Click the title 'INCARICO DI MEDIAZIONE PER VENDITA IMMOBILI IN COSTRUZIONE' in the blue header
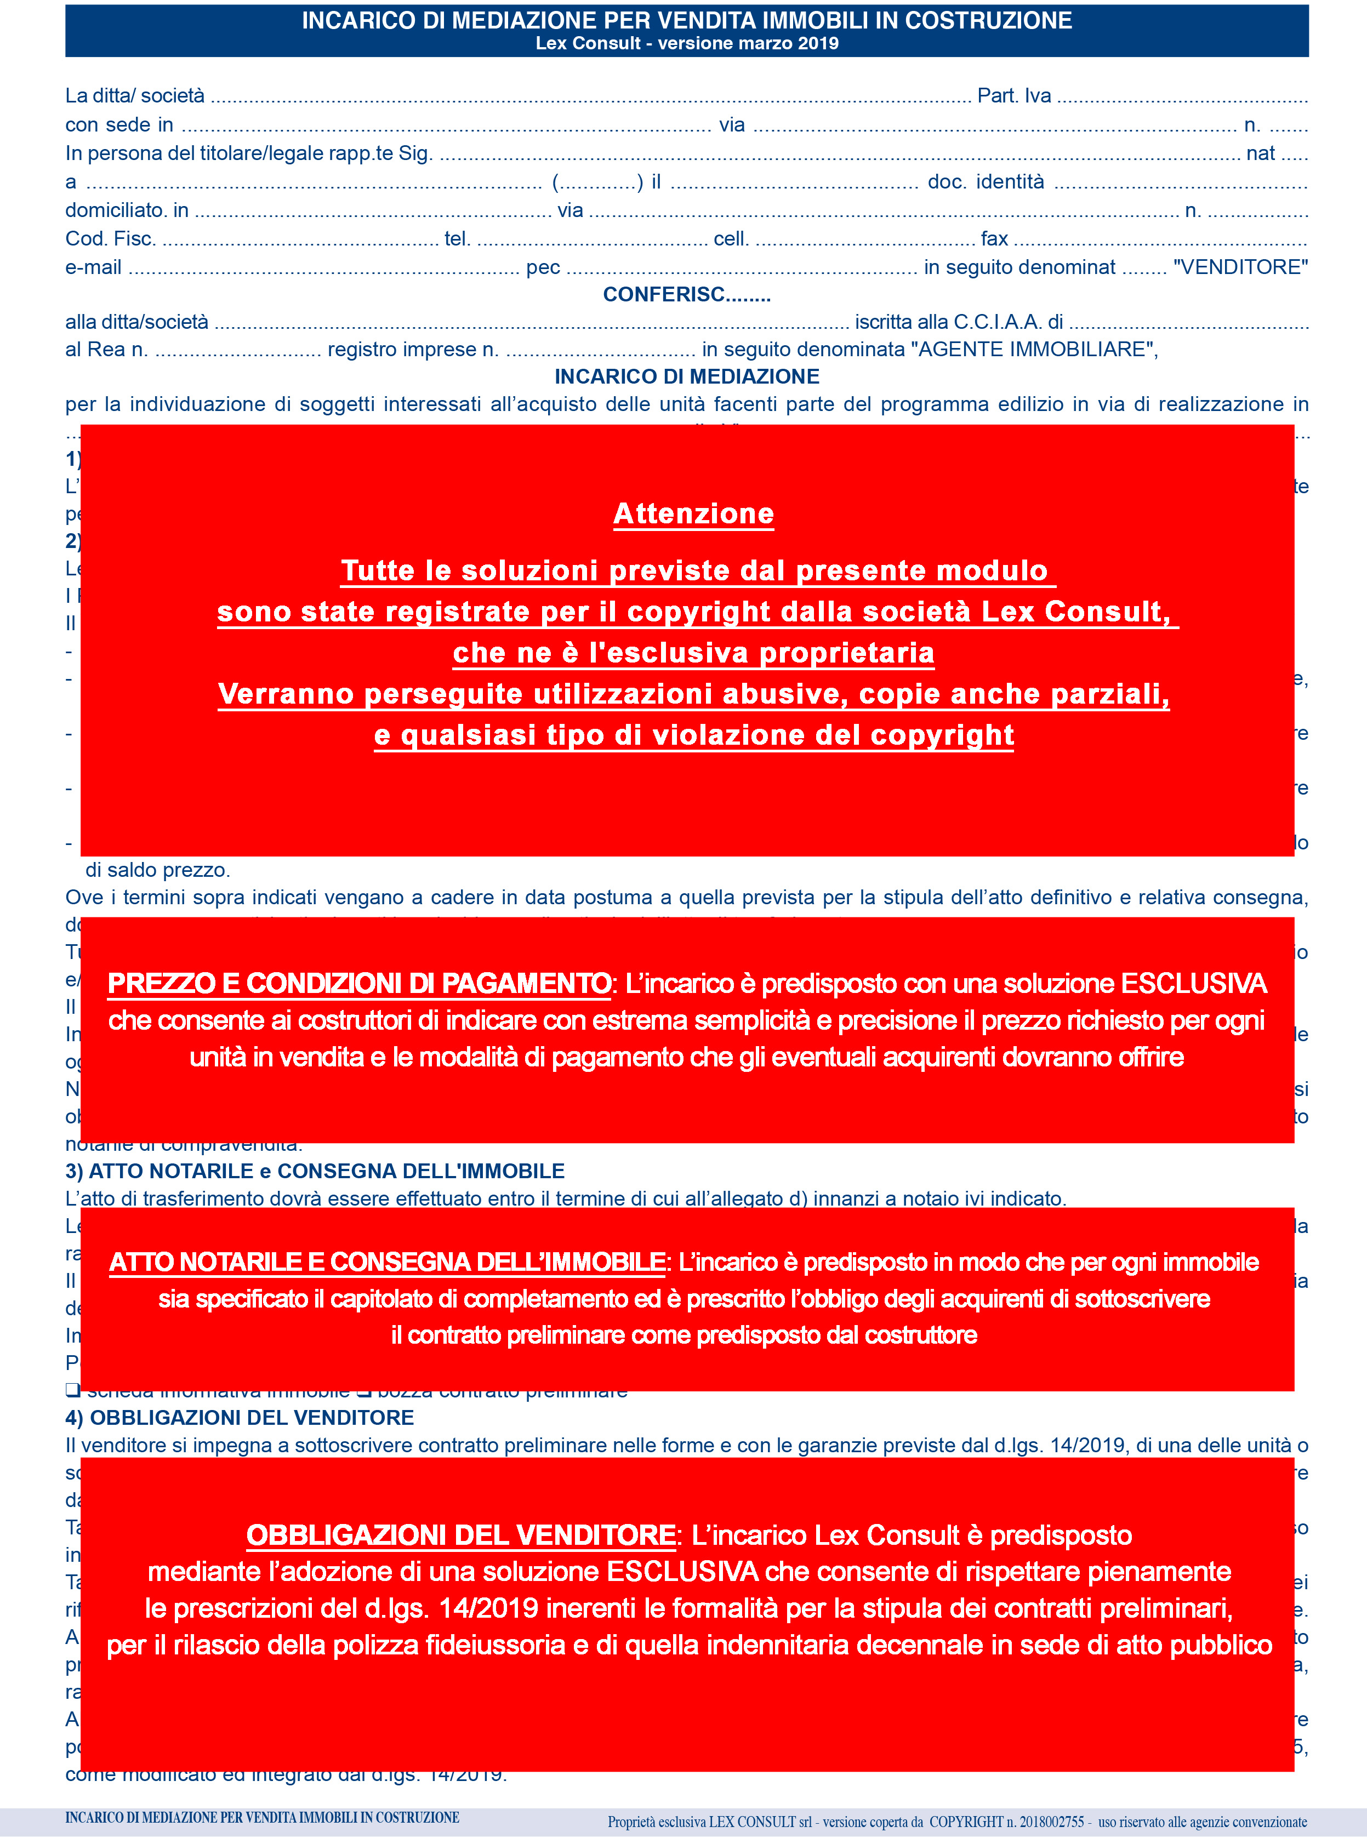coord(686,21)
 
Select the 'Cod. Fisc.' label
coord(110,239)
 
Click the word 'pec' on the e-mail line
coord(543,267)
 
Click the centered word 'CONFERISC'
coord(664,294)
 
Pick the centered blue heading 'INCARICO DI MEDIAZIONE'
coord(686,376)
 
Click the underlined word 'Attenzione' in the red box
coord(693,513)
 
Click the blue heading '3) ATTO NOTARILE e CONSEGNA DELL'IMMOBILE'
coord(315,1171)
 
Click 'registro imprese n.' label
coord(413,349)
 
